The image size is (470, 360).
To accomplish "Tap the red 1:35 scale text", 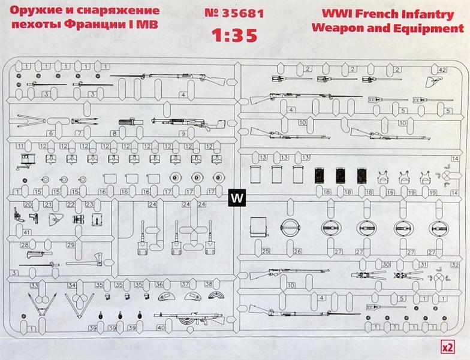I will (234, 34).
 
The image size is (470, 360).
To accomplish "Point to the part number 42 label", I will (442, 69).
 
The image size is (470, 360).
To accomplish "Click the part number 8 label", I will (114, 134).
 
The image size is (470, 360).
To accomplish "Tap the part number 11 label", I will (20, 146).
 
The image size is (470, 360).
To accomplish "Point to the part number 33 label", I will (34, 285).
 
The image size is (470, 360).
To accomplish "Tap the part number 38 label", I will (202, 284).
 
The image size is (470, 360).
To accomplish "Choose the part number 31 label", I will (423, 264).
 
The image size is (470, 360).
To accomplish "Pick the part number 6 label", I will (51, 133).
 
